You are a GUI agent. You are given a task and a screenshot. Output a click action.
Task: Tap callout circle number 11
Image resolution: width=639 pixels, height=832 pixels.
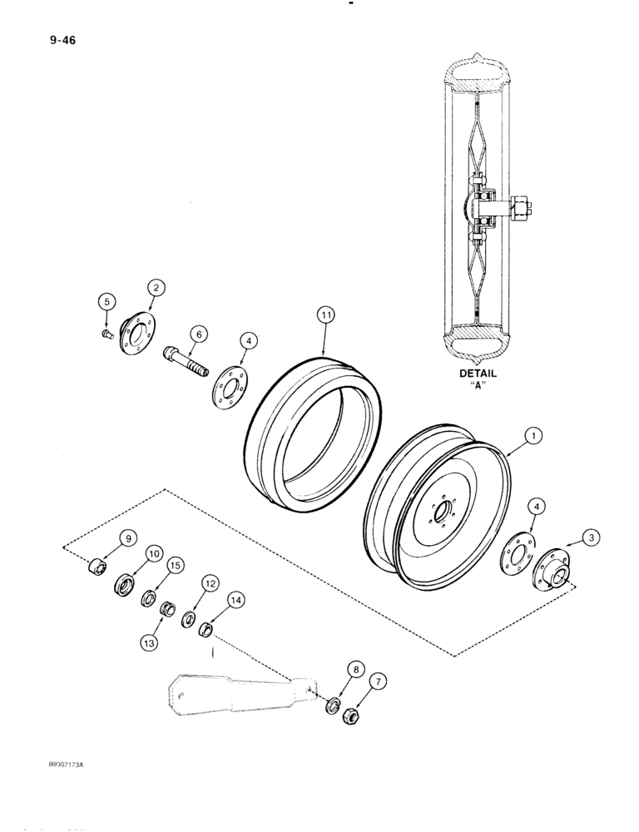point(325,314)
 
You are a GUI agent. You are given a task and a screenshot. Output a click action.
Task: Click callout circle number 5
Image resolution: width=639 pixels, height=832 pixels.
point(106,302)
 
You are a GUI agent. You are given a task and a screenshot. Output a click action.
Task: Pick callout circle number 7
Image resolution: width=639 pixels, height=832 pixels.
point(380,682)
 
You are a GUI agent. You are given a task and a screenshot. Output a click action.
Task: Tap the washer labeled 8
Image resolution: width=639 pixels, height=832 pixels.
point(332,706)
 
